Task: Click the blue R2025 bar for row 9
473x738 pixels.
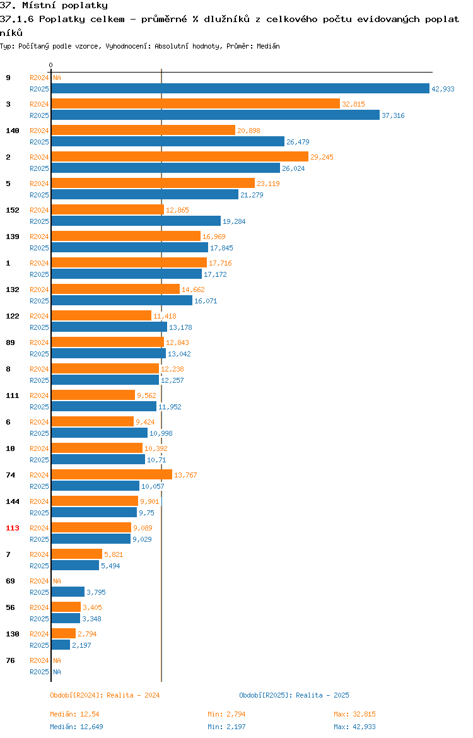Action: pos(240,88)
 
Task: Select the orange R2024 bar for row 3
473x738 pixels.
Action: pos(196,103)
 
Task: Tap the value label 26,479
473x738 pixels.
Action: pos(298,142)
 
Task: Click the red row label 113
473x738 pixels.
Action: pos(13,527)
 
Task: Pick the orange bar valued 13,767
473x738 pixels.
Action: pos(112,474)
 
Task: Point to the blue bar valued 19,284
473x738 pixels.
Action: pos(136,221)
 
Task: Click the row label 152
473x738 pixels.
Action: pos(13,210)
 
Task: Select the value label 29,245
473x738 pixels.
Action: pos(322,156)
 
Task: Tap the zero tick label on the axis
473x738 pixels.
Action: pos(51,66)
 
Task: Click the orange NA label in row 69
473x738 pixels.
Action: pos(57,581)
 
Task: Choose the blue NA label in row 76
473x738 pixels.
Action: pos(57,672)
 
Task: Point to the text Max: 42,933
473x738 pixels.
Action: pos(355,727)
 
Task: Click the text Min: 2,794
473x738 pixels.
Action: pos(227,714)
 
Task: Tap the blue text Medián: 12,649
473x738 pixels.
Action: pos(77,727)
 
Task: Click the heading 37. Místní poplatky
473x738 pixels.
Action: pos(54,6)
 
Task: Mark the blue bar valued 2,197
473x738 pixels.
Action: pos(61,645)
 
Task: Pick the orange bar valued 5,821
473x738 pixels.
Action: pos(77,554)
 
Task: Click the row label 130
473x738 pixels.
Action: pos(13,634)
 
